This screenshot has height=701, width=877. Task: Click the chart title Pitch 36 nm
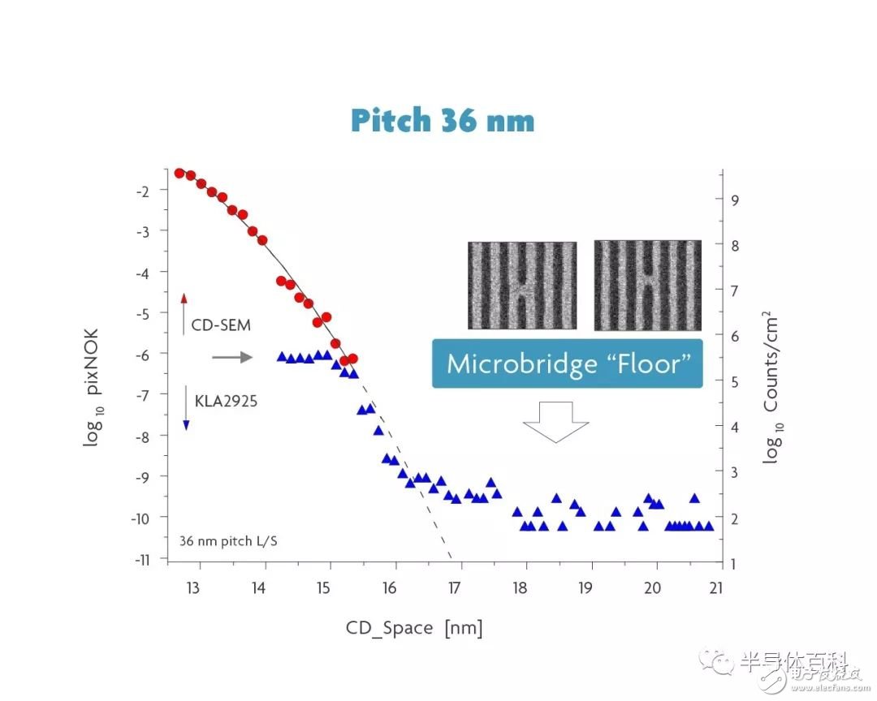point(443,121)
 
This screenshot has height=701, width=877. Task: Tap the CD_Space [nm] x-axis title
point(414,629)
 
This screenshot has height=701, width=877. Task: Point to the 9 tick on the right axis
point(736,200)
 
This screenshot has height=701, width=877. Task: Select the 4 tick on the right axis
point(736,427)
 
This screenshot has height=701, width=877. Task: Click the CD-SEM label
point(221,326)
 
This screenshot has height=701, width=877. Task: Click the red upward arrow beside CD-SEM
point(184,314)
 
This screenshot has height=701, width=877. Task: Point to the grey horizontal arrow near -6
point(232,356)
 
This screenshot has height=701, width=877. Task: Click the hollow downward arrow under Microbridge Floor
point(555,424)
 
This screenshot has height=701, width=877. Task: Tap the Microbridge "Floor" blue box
point(567,363)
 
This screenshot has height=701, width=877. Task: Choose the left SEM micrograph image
point(521,285)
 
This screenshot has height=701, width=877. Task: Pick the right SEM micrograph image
point(647,285)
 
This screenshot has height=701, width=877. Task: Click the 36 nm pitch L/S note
point(227,540)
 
